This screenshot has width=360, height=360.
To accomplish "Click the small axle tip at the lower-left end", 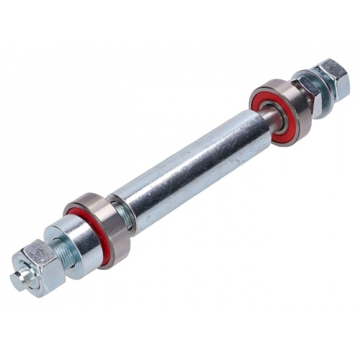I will tap(19, 280).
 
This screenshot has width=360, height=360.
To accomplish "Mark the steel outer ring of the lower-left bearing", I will tap(115, 230).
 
